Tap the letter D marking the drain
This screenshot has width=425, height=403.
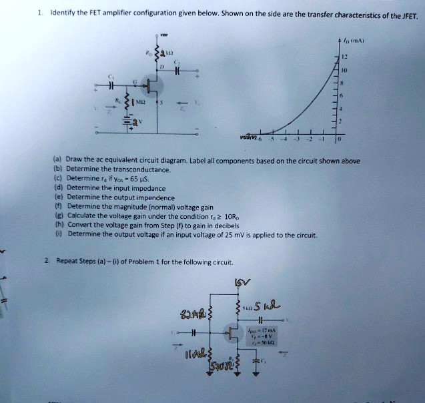(161, 67)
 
